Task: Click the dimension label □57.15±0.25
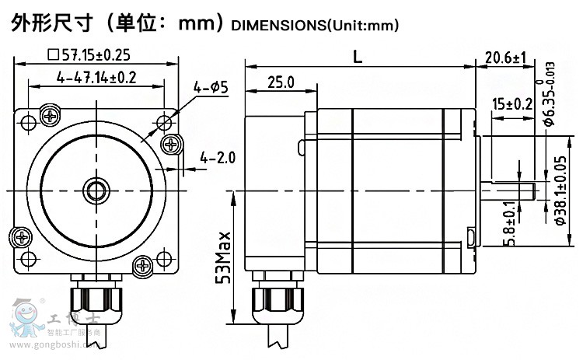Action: point(88,54)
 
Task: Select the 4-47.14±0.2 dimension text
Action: point(96,77)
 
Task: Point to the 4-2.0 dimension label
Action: point(217,158)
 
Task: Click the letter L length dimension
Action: point(358,56)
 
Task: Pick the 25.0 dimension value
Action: point(280,82)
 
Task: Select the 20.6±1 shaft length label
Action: point(505,58)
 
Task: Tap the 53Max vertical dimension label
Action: point(223,257)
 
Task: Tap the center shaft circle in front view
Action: point(97,189)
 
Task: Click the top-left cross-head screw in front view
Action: point(51,117)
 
